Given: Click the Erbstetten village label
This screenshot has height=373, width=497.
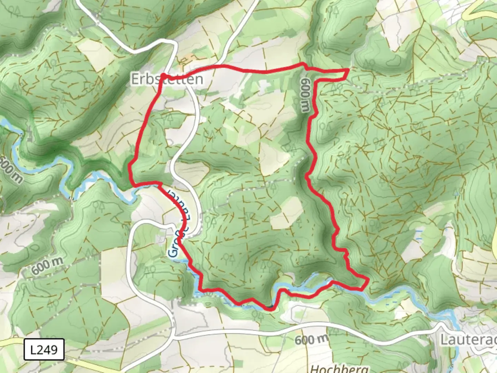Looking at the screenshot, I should coord(167,79).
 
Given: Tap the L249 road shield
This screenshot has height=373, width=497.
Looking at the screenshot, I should coord(44,350).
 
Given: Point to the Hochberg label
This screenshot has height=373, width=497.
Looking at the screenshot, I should coord(339,368).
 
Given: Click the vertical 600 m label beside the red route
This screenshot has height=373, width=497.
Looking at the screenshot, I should coord(305,95).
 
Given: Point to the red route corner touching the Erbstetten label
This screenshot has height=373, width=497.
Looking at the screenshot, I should coord(163,75).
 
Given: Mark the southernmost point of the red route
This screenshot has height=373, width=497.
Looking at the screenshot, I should coord(271,309).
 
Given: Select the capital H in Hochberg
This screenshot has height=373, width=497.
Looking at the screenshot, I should coord(314,369).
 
